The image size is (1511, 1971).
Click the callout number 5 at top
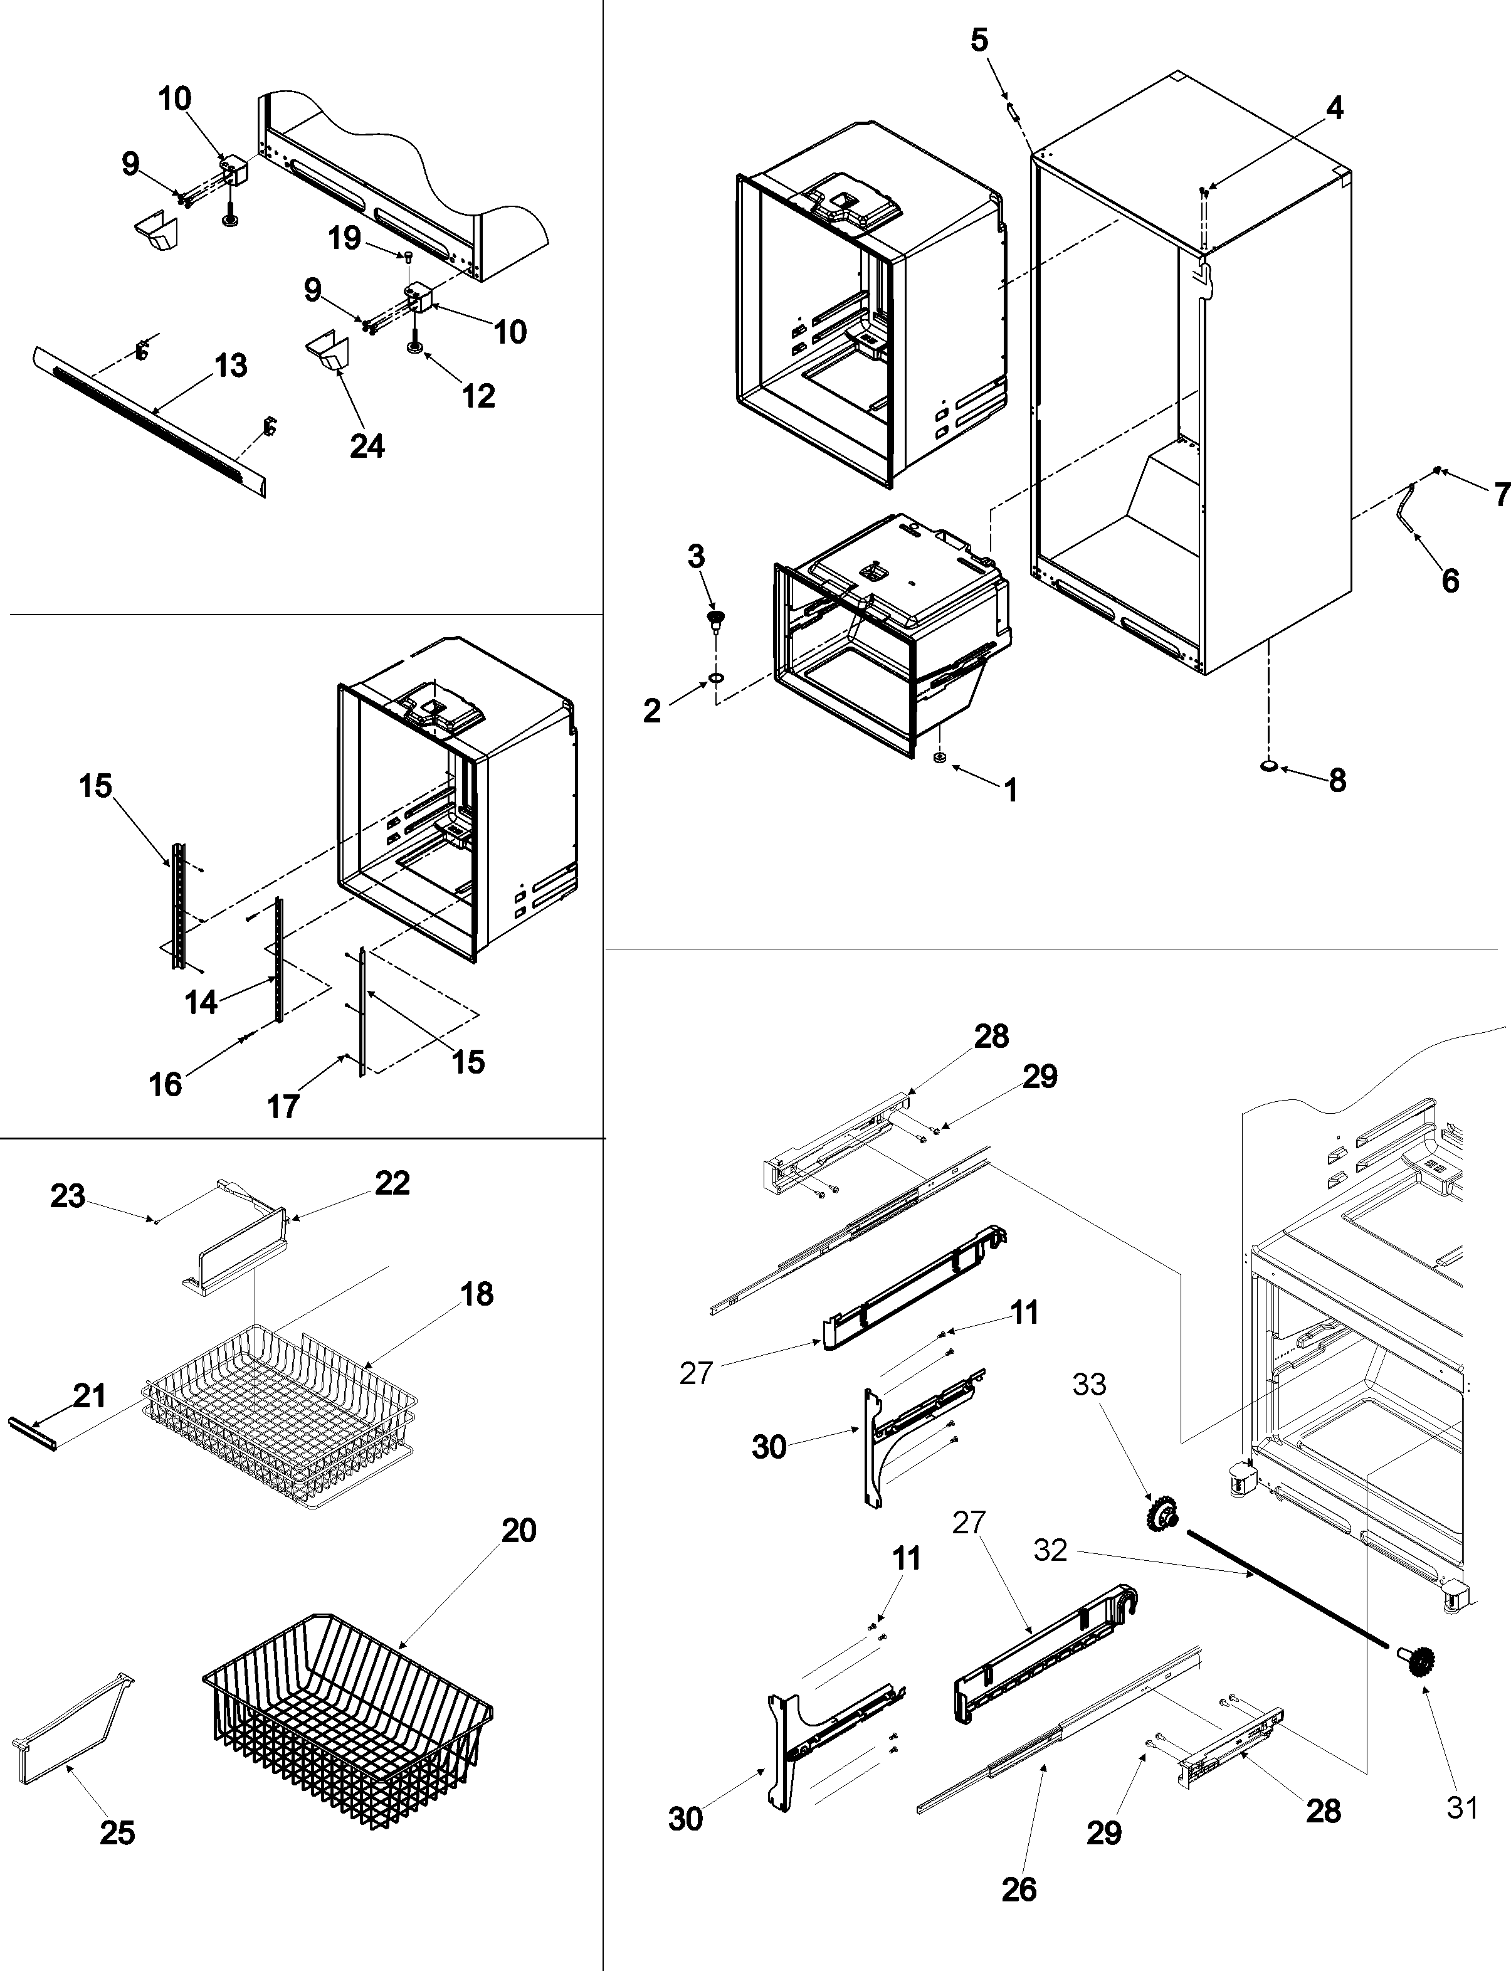(979, 40)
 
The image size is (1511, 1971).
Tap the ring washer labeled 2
(716, 677)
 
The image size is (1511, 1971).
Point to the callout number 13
(231, 366)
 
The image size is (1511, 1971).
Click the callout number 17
(283, 1106)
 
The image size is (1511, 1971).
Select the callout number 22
(392, 1183)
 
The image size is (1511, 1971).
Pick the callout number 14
(201, 1002)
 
